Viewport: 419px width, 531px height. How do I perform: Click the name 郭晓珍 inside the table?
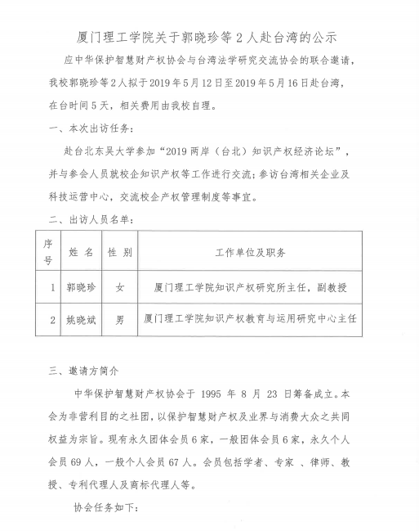pyautogui.click(x=81, y=288)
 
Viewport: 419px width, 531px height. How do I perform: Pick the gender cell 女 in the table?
pyautogui.click(x=120, y=288)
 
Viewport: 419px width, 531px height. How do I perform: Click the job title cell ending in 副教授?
pyautogui.click(x=250, y=288)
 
